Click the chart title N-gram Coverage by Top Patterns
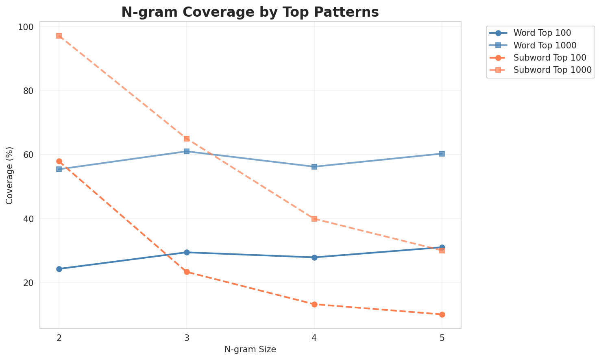(x=250, y=12)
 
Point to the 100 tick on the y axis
(x=28, y=27)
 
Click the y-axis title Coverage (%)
(x=9, y=175)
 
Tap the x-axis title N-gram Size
(x=250, y=349)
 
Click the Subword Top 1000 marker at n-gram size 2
(x=59, y=36)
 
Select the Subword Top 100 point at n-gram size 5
(x=442, y=314)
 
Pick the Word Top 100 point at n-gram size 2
(x=59, y=269)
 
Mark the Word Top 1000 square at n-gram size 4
(x=314, y=167)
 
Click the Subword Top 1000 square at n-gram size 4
(x=314, y=219)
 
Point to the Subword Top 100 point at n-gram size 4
(x=314, y=304)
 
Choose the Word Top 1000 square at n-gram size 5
(x=442, y=154)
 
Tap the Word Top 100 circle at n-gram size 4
(x=314, y=257)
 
